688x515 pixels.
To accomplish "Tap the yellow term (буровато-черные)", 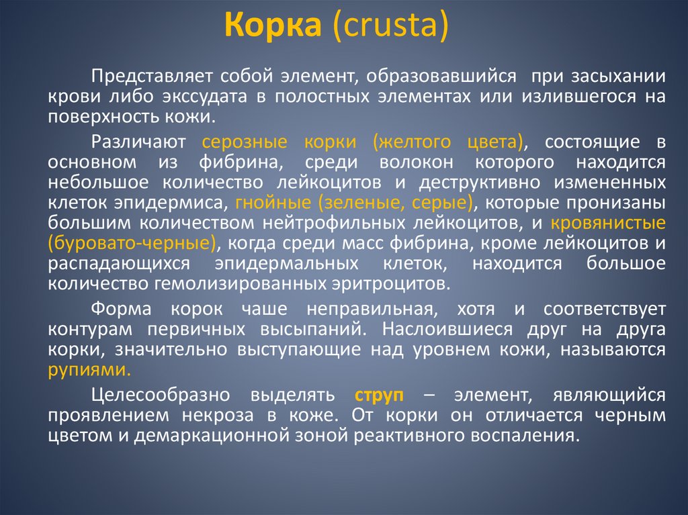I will coord(132,242).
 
